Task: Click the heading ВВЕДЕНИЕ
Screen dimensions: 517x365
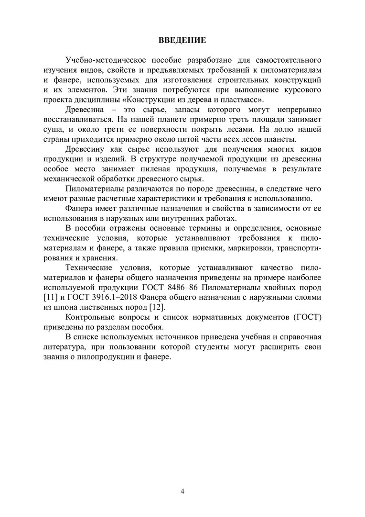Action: (182, 40)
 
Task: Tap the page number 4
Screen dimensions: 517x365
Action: (182, 491)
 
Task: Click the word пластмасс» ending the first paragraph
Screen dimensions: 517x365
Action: (242, 100)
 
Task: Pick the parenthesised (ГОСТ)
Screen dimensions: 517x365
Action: (305, 317)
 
